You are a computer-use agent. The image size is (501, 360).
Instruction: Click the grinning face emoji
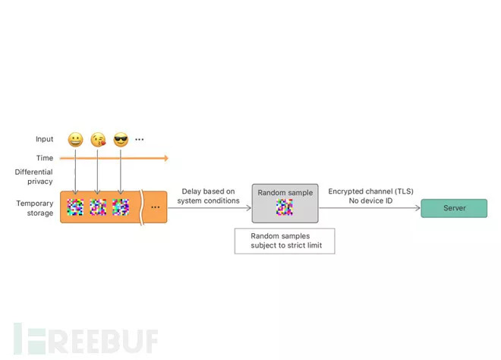pyautogui.click(x=75, y=140)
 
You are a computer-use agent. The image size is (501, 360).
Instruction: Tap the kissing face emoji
pyautogui.click(x=98, y=140)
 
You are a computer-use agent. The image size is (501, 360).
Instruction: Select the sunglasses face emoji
pyautogui.click(x=121, y=140)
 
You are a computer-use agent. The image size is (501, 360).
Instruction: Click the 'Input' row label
pyautogui.click(x=44, y=140)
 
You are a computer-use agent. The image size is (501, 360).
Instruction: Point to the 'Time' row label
pyautogui.click(x=45, y=158)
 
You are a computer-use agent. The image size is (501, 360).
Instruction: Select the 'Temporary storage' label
pyautogui.click(x=35, y=207)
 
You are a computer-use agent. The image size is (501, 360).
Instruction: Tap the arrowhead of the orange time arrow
pyautogui.click(x=165, y=158)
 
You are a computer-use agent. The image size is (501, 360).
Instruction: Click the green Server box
pyautogui.click(x=454, y=208)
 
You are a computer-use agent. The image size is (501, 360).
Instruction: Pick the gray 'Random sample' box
pyautogui.click(x=285, y=203)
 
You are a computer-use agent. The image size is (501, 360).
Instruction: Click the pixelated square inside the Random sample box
pyautogui.click(x=285, y=208)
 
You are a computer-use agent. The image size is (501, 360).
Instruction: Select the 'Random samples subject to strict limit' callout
pyautogui.click(x=285, y=242)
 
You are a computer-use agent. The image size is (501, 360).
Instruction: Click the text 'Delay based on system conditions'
pyautogui.click(x=209, y=196)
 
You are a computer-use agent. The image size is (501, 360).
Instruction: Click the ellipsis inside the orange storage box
pyautogui.click(x=156, y=207)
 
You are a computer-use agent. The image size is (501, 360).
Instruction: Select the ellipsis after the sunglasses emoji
pyautogui.click(x=140, y=140)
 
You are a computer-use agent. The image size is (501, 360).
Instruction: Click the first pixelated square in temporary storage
pyautogui.click(x=75, y=207)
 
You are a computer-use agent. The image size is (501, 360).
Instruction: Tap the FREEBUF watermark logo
pyautogui.click(x=83, y=339)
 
